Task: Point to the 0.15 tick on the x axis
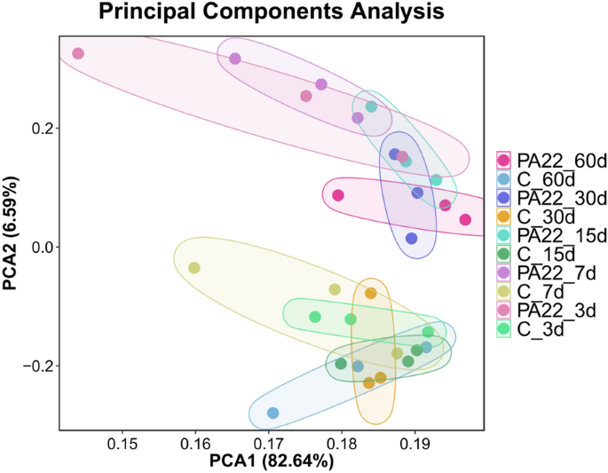122,443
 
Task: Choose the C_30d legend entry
541,217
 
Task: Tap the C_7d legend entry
537,291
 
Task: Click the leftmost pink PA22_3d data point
78,54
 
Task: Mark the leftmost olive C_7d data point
194,268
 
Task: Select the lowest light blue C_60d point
272,414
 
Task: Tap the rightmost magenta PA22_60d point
465,220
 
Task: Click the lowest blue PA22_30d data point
412,239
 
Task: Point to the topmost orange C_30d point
371,294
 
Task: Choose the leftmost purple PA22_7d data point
235,59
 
